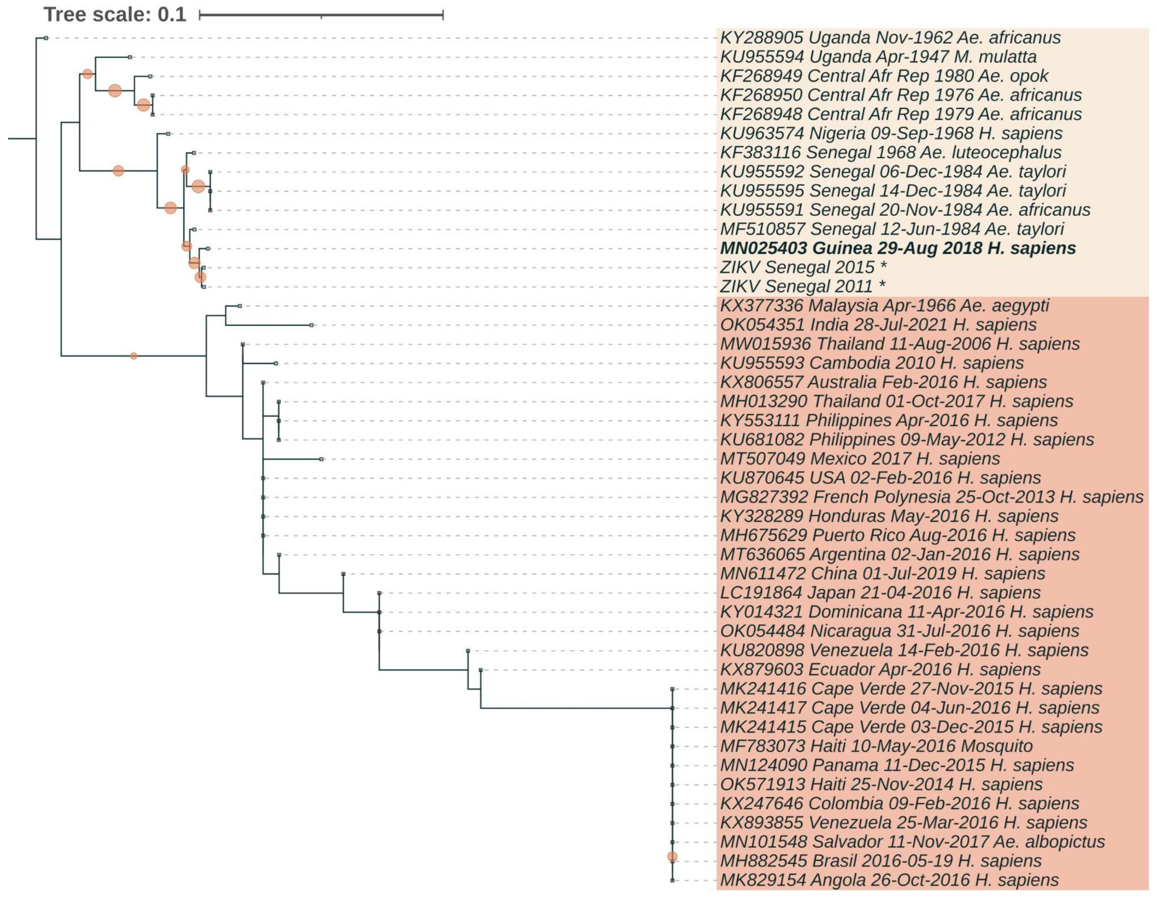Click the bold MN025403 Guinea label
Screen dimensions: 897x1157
point(897,248)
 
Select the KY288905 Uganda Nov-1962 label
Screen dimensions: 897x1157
point(890,38)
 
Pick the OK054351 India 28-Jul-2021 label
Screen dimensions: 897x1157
point(878,324)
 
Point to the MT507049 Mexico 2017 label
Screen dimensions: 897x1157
point(860,459)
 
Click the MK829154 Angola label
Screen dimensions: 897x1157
point(889,880)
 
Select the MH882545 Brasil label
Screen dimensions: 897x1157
point(881,861)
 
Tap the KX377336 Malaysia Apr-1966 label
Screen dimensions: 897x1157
point(884,305)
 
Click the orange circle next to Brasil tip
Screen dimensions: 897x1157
point(672,857)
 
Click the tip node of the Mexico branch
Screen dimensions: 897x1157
point(322,459)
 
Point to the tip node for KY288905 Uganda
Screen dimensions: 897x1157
point(46,38)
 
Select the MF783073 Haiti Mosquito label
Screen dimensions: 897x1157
point(876,746)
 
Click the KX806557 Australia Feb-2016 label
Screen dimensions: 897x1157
point(883,382)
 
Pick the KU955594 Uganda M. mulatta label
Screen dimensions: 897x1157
point(878,57)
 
